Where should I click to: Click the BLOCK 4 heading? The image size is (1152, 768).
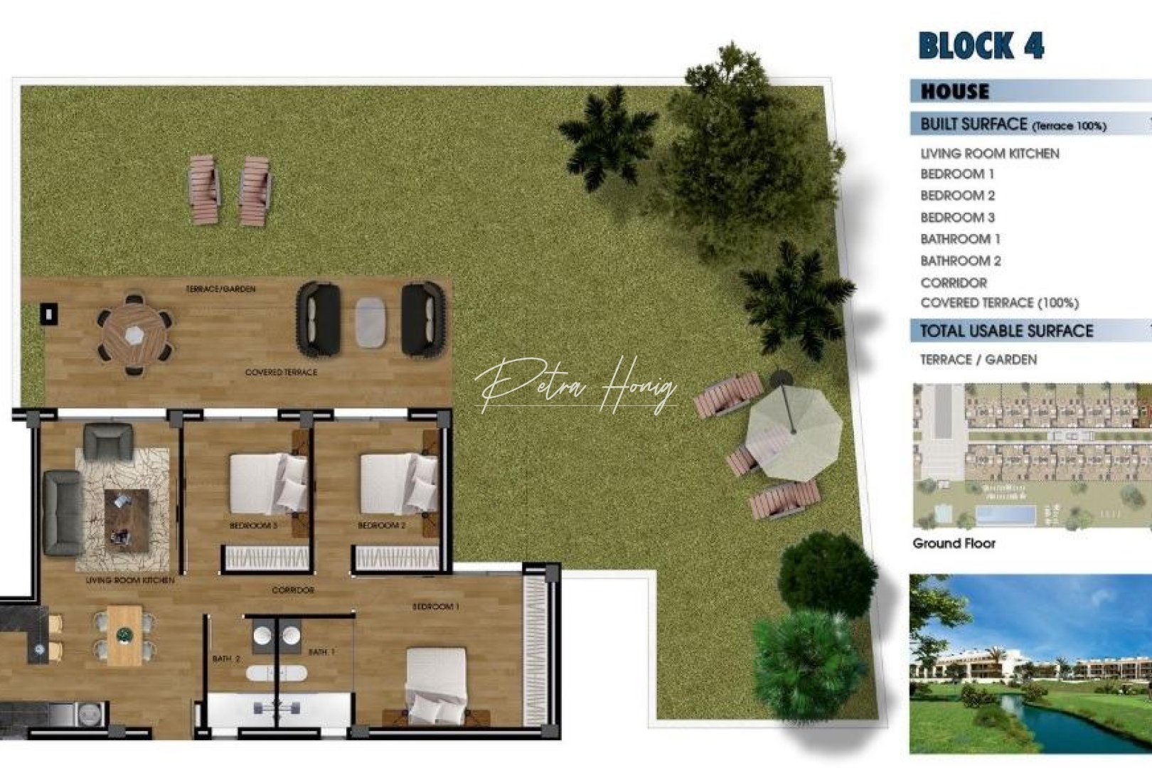[981, 46]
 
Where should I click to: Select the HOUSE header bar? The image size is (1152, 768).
[955, 92]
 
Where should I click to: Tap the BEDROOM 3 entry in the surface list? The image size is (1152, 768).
[957, 218]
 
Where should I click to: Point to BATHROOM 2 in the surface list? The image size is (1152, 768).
[960, 261]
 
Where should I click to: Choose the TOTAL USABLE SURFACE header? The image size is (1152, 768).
[1006, 331]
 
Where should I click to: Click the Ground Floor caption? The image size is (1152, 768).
[954, 543]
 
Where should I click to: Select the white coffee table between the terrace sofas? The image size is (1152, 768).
[370, 322]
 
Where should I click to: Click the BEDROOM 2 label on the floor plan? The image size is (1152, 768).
[381, 526]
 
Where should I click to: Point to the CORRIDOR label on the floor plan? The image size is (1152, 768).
[293, 590]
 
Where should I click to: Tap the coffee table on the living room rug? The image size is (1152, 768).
[127, 520]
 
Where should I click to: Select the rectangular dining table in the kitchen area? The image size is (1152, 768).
[125, 634]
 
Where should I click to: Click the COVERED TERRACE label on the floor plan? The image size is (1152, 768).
[281, 372]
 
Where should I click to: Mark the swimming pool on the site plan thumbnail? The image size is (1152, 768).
[1006, 514]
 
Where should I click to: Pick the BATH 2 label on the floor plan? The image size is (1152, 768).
[226, 659]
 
